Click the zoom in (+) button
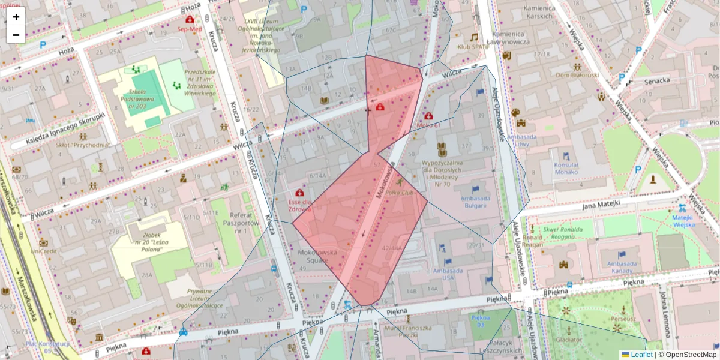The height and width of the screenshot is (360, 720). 16,17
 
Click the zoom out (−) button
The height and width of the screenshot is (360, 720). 16,34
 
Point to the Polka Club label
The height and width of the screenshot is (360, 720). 400,193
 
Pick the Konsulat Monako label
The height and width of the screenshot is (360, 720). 566,168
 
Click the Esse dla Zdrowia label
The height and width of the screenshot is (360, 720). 299,205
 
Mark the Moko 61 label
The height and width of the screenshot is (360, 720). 428,125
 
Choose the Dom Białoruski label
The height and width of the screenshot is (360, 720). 577,75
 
